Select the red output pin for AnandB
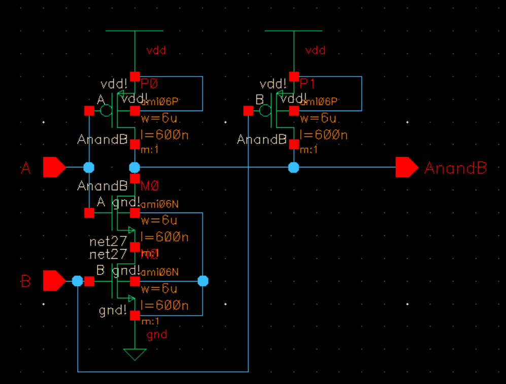(406, 167)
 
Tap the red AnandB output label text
(455, 168)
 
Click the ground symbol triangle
(134, 354)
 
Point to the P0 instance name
(150, 84)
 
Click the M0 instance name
(150, 186)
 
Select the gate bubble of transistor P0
(106, 111)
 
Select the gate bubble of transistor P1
(265, 111)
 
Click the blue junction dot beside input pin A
(89, 167)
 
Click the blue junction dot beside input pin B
(77, 281)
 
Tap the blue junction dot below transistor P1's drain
(293, 167)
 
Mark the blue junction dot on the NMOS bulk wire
(203, 281)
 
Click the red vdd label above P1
(315, 51)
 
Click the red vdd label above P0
(156, 51)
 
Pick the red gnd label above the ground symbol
(156, 335)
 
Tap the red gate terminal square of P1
(248, 111)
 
